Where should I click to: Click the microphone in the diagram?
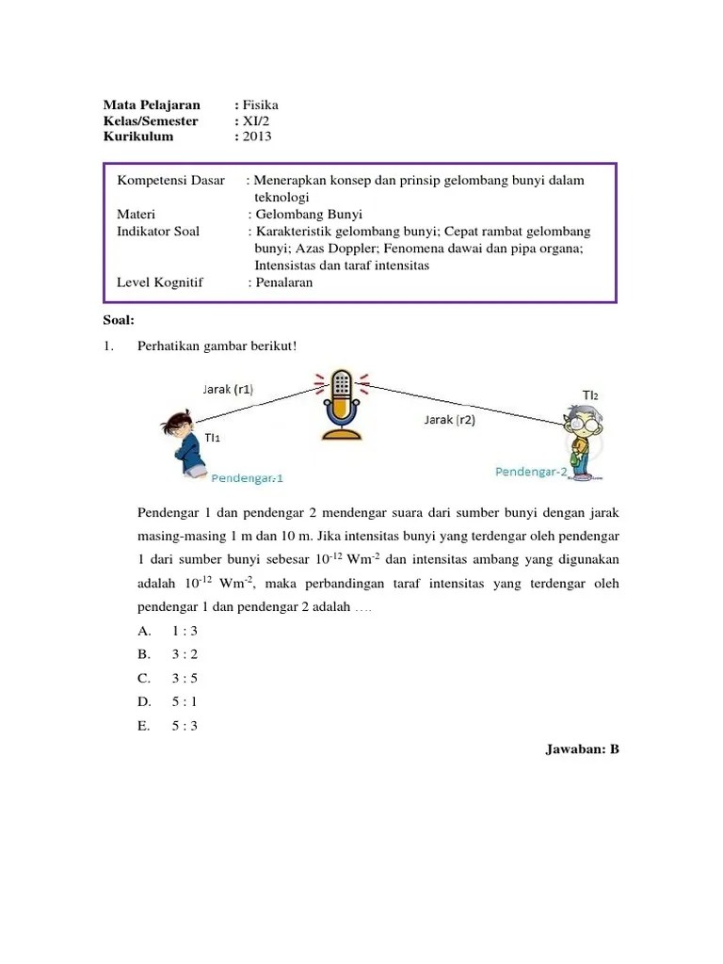342,404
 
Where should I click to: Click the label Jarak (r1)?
228,388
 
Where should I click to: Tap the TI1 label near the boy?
214,438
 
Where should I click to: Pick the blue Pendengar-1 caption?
249,477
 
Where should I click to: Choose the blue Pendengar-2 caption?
531,472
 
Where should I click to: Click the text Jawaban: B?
581,749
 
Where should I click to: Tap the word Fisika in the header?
260,104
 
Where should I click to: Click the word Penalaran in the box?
284,282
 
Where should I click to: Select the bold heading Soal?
119,319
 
